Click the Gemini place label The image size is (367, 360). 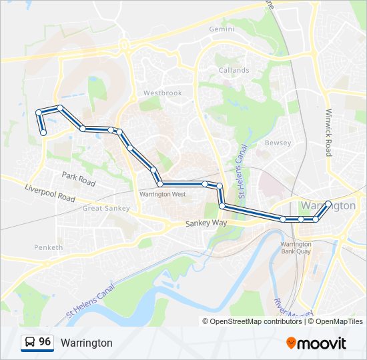tap(222, 30)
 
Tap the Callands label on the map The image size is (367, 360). tap(234, 70)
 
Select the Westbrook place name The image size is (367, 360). tap(162, 93)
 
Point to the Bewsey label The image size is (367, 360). tap(278, 143)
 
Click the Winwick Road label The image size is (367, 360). tap(329, 133)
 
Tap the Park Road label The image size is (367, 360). tap(79, 178)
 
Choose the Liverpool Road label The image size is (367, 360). tap(50, 193)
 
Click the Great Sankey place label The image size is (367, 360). tap(106, 208)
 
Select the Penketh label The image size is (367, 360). tap(48, 247)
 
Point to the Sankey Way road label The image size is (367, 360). tap(206, 225)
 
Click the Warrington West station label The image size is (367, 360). tap(163, 194)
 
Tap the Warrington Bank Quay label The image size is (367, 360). tap(296, 247)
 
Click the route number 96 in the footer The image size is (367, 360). tap(45, 342)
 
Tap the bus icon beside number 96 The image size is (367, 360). tap(29, 343)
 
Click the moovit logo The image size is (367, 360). tap(316, 343)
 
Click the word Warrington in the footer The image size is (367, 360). tap(87, 343)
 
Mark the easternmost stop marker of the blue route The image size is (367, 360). tap(328, 204)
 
